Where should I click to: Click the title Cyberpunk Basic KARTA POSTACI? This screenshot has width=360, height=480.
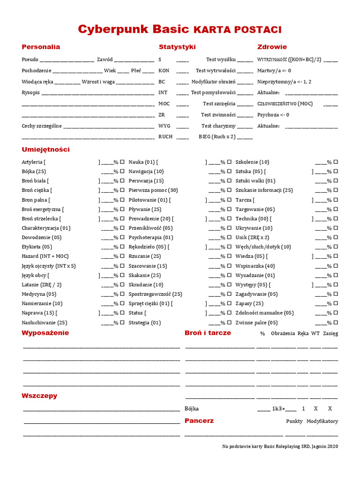[180, 30]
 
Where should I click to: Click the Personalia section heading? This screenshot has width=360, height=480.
[41, 47]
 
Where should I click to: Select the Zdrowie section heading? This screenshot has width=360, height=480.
[272, 47]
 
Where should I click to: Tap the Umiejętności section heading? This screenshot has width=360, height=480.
[45, 150]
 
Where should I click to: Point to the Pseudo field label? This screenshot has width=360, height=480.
[30, 60]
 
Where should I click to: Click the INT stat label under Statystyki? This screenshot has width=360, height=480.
[163, 92]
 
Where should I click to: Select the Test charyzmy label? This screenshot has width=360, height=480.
[218, 126]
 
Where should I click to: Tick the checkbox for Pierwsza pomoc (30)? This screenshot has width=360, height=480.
[229, 190]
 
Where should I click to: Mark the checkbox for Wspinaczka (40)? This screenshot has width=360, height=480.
[336, 266]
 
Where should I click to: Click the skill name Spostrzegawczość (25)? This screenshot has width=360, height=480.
[155, 294]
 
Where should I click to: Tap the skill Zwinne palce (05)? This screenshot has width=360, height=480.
[256, 322]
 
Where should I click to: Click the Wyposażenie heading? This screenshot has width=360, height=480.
[45, 333]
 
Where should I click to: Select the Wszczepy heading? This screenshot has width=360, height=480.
[39, 396]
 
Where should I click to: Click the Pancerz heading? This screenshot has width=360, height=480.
[199, 420]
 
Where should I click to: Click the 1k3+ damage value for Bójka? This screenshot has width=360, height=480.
[278, 409]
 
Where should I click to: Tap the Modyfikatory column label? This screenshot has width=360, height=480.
[322, 421]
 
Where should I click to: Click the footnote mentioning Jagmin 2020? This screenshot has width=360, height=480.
[280, 446]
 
